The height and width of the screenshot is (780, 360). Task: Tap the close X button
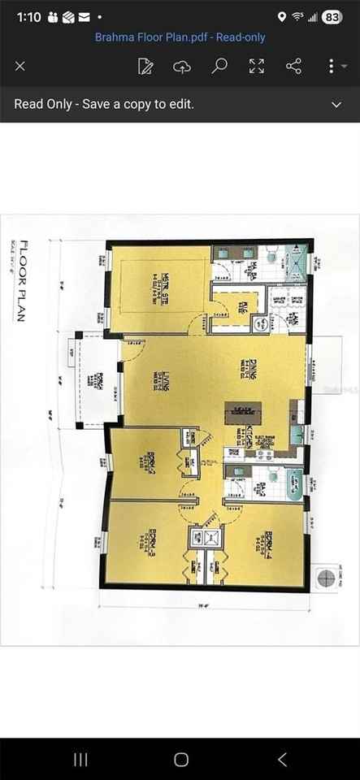point(20,66)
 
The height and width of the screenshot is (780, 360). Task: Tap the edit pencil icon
point(145,66)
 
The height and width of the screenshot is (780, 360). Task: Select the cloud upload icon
point(182,66)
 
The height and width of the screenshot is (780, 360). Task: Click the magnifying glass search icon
point(219,66)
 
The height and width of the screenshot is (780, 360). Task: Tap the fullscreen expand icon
point(257,66)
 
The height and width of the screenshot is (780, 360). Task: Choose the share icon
point(294,66)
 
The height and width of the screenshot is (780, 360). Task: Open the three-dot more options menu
point(332,66)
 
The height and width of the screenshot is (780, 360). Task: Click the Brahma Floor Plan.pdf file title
point(180,37)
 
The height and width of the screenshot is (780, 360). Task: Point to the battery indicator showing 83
point(332,16)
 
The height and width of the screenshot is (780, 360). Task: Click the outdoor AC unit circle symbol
point(327,578)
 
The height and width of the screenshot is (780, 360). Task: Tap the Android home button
point(180,760)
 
